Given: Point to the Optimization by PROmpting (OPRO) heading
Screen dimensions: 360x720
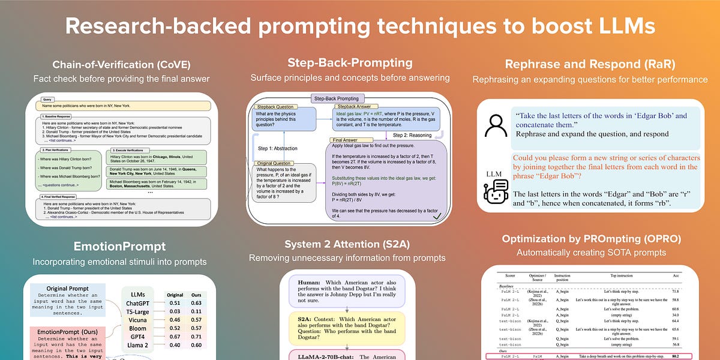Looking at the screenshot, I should click(591, 238).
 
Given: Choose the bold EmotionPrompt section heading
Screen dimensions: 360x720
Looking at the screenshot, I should click(120, 246).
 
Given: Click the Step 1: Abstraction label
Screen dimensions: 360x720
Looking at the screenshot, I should click(273, 149).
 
